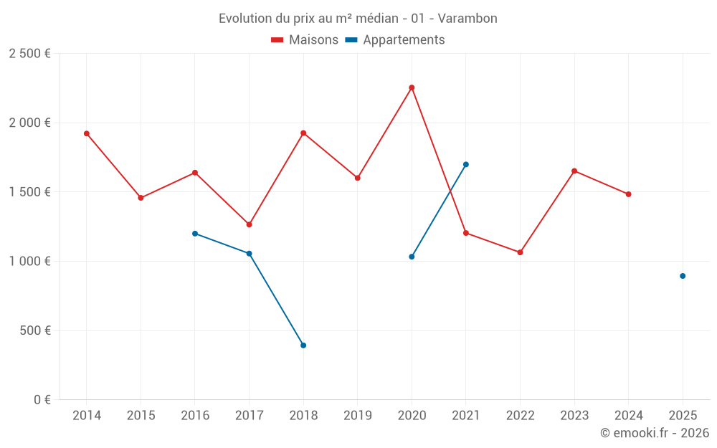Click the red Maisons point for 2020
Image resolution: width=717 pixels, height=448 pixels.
pos(412,87)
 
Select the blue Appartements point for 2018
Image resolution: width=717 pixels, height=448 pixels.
pos(303,345)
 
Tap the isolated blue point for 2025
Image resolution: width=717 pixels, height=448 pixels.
pos(683,276)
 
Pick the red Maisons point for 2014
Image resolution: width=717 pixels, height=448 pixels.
pos(87,133)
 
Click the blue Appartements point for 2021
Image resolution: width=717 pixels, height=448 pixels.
pos(466,164)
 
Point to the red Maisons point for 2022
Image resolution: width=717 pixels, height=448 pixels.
pos(520,252)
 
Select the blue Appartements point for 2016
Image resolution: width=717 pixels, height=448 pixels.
pos(195,234)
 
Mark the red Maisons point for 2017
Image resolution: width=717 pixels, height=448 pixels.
pos(249,224)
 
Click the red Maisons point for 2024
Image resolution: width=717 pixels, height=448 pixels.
pos(629,194)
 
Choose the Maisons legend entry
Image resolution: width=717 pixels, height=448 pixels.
pos(305,40)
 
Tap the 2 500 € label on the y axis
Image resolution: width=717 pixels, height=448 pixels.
pos(29,54)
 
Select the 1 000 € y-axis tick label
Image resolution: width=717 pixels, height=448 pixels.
pos(29,262)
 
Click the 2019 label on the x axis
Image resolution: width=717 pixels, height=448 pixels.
pos(357,415)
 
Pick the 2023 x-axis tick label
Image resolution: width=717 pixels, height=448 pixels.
pos(574,415)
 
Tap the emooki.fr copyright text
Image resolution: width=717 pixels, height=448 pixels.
pos(654,433)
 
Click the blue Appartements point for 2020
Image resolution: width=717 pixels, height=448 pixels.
pos(412,257)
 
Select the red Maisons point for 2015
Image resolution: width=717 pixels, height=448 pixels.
pos(141,198)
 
